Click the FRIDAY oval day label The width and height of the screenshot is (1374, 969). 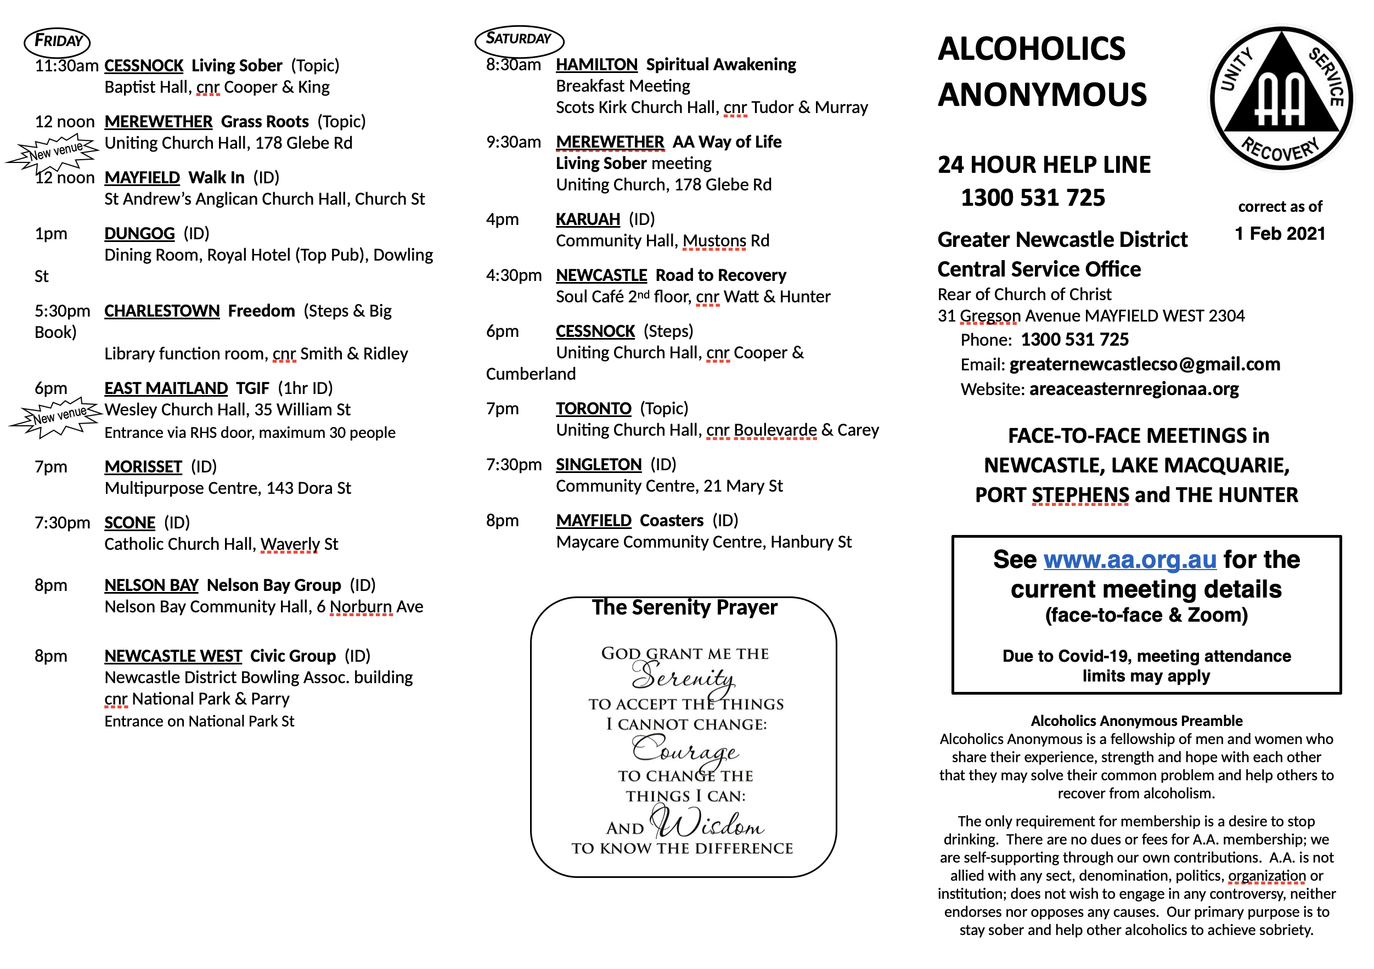point(58,41)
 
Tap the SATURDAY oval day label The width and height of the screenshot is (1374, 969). point(519,40)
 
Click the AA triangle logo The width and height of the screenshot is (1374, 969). point(1281,98)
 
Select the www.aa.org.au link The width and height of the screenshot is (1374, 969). point(1130,560)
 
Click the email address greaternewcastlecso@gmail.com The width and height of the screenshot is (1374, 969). point(1144,364)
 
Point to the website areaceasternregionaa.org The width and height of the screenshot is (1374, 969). point(1134,389)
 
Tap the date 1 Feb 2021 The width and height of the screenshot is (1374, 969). point(1280,233)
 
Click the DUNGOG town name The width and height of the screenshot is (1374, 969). point(139,233)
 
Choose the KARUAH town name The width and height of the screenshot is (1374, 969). point(588,219)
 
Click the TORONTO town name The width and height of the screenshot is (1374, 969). point(593,408)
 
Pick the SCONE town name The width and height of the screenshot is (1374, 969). point(129,522)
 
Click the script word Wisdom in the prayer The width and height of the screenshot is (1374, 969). point(707,824)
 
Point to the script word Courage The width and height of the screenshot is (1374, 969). point(685,750)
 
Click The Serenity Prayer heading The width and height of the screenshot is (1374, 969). point(685,607)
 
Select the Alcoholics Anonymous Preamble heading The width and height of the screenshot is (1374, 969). point(1136,720)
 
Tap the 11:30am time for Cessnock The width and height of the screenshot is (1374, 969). point(66,65)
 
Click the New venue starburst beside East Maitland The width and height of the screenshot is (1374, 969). point(57,416)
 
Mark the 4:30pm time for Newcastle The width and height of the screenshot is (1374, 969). point(514,275)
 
